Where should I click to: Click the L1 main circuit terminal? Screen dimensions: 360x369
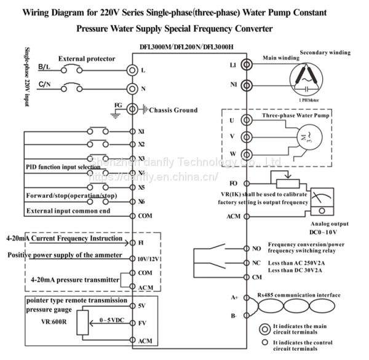click(x=246, y=65)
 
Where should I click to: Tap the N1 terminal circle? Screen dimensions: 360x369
click(x=246, y=85)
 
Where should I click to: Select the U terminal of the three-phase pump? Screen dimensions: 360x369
click(x=246, y=120)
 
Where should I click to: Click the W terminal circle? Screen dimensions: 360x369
click(x=246, y=154)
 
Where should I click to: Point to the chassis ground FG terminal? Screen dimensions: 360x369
click(x=132, y=109)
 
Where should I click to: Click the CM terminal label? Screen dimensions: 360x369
click(x=256, y=277)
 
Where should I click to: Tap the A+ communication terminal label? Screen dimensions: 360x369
click(x=234, y=297)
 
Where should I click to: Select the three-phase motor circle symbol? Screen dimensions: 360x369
click(x=305, y=137)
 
